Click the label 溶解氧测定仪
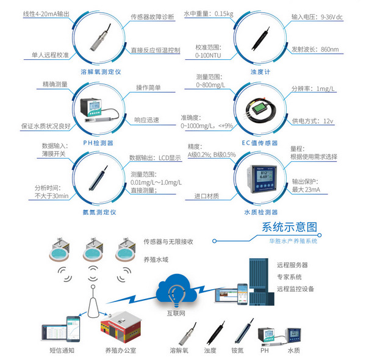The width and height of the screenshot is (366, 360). click(101, 72)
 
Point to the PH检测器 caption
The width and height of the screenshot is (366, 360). click(99, 142)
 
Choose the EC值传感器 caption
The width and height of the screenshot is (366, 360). click(259, 142)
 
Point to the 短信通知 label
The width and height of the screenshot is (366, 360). click(62, 350)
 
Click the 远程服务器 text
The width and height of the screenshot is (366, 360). click(292, 265)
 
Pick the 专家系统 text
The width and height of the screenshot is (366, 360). click(289, 277)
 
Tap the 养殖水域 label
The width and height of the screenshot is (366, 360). click(156, 259)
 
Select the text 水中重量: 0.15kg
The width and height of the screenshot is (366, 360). click(208, 13)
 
